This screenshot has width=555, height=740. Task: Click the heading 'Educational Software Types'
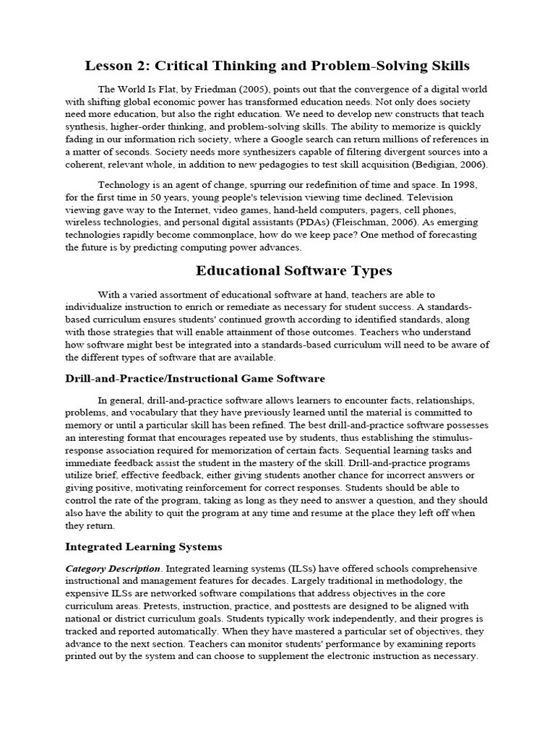click(293, 271)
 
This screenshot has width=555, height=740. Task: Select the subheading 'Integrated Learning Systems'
click(143, 546)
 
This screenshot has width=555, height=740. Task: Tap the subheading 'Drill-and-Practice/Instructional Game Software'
click(195, 378)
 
